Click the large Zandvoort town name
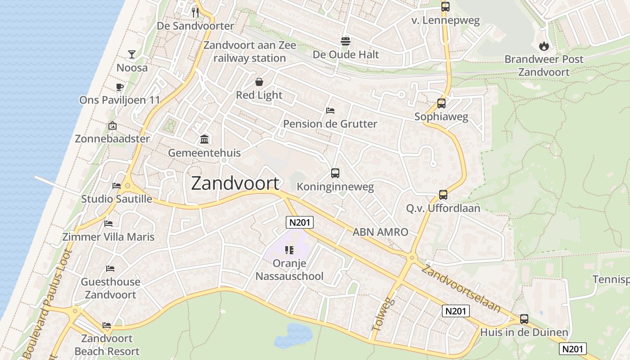coord(235,184)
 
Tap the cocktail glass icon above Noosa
coord(131,54)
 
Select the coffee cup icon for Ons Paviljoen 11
coord(119,87)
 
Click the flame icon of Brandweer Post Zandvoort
coord(544,46)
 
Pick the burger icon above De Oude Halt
coord(345,41)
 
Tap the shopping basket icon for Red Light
coord(259,82)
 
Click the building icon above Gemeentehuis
coord(204,139)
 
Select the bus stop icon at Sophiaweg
coord(441,103)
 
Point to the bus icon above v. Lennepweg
coord(445,7)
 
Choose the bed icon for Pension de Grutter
coord(330,111)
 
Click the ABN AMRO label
coord(380,232)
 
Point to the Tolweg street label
coord(383,314)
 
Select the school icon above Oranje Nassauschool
coord(289,250)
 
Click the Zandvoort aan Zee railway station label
coord(250,52)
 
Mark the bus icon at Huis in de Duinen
coord(524,319)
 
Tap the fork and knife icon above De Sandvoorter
coord(195,12)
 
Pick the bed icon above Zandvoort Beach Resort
coord(107,325)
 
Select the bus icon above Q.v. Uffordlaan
coord(443,195)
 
